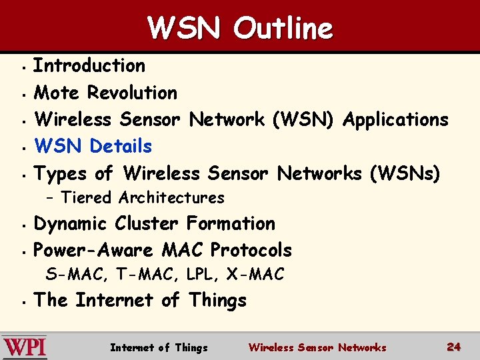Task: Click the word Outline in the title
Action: pyautogui.click(x=283, y=29)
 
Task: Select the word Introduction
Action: pyautogui.click(x=89, y=65)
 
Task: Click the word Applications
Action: pyautogui.click(x=395, y=119)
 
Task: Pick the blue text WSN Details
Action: pyautogui.click(x=93, y=146)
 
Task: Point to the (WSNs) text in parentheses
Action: pyautogui.click(x=405, y=173)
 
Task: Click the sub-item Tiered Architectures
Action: pyautogui.click(x=143, y=197)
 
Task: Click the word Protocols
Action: pyautogui.click(x=251, y=250)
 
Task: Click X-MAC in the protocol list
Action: pyautogui.click(x=255, y=274)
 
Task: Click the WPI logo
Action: pyautogui.click(x=25, y=347)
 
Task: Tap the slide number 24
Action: pyautogui.click(x=453, y=347)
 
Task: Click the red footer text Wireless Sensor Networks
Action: pyautogui.click(x=317, y=347)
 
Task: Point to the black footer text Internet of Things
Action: pyautogui.click(x=159, y=347)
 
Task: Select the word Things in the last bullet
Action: pyautogui.click(x=217, y=300)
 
